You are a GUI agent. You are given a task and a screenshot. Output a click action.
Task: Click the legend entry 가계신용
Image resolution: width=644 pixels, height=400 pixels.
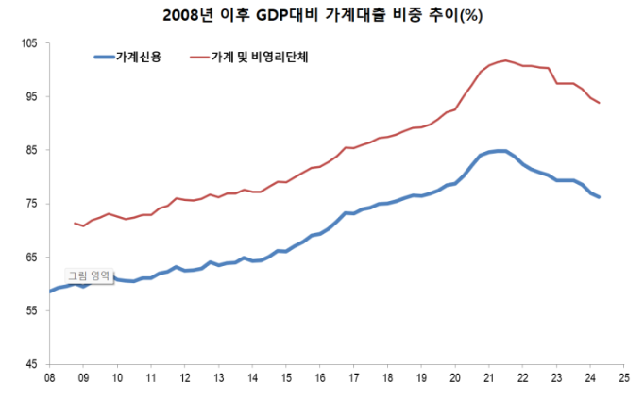(139, 58)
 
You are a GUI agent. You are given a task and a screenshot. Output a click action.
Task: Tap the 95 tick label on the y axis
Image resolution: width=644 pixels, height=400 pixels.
(31, 96)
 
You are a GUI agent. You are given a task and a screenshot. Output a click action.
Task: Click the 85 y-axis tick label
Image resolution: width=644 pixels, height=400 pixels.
(31, 150)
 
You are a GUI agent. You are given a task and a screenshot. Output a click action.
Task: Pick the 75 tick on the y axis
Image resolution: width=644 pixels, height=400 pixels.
(31, 204)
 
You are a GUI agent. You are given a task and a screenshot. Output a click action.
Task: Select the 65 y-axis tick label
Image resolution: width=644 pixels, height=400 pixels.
(31, 258)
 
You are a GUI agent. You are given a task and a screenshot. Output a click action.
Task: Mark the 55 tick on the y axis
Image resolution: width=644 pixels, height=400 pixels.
(31, 310)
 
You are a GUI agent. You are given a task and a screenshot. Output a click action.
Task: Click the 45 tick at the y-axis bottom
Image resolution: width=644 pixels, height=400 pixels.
(31, 364)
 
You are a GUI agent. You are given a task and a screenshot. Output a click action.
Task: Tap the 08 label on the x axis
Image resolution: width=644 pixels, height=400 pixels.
(49, 378)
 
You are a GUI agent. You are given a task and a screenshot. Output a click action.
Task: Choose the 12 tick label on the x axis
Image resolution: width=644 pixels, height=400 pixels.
(184, 378)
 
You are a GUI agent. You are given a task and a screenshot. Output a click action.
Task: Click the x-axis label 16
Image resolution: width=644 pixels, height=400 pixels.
(319, 378)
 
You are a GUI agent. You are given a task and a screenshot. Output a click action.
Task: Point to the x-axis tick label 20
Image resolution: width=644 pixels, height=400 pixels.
(454, 378)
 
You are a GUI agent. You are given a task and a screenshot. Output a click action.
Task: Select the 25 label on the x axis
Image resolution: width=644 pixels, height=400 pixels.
(623, 378)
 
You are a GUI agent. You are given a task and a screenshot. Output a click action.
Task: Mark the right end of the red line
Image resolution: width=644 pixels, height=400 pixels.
(600, 103)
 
